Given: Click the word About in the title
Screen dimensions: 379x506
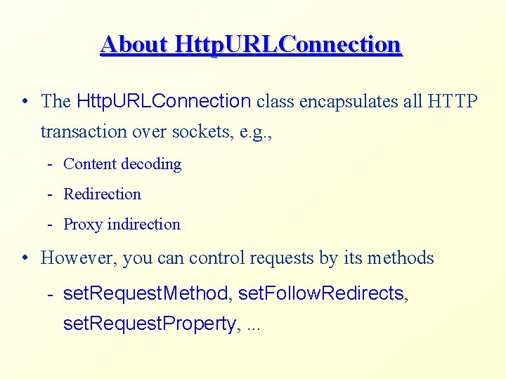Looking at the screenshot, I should point(134,44).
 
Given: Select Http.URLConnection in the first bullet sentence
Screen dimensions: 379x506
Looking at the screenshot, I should point(163,101).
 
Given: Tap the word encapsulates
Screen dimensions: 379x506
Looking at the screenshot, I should point(349,101).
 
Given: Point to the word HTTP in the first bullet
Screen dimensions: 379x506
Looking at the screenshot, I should point(452,101).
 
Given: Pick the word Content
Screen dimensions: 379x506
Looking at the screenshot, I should point(90,164).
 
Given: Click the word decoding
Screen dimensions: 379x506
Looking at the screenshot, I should point(151,164).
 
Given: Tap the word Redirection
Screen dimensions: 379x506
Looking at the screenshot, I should point(103,194).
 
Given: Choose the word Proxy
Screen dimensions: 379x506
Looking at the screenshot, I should point(82,225).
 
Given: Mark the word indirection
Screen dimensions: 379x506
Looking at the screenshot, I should point(143,225).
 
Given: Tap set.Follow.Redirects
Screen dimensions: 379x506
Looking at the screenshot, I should point(323,293).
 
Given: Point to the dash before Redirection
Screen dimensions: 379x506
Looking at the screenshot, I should point(51,194).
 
